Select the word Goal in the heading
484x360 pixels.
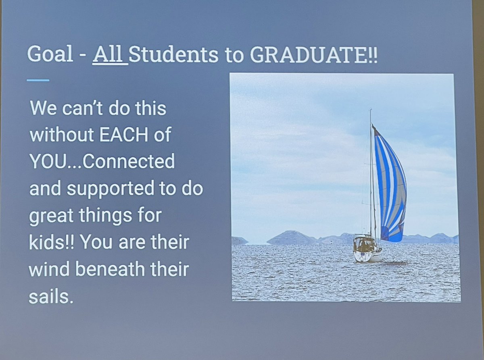pos(50,54)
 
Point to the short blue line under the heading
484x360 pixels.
pos(38,80)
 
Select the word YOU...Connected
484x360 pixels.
pos(102,162)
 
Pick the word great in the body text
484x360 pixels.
pos(51,216)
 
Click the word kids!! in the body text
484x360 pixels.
pos(50,243)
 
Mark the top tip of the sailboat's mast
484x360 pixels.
pos(371,110)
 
